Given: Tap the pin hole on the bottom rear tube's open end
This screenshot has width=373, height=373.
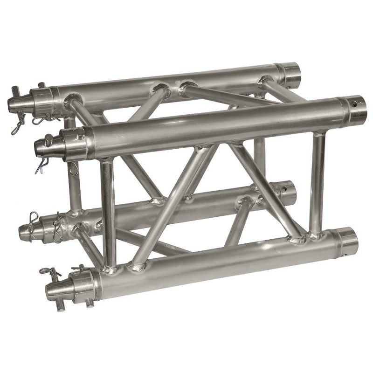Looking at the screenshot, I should point(284,190).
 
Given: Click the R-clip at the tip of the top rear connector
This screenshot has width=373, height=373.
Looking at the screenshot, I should point(18,126).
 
